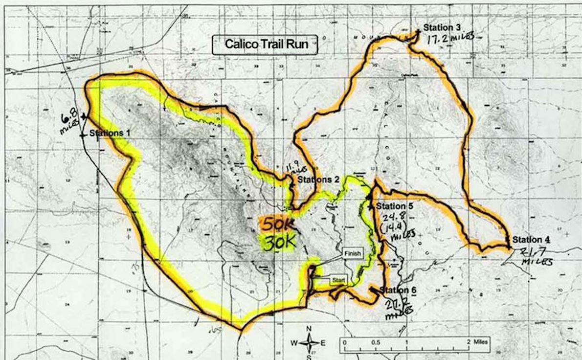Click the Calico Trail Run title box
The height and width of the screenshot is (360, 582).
pyautogui.click(x=266, y=44)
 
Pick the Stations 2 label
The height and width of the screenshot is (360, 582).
pyautogui.click(x=318, y=180)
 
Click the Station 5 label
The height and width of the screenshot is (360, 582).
pyautogui.click(x=395, y=206)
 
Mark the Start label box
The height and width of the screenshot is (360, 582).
pyautogui.click(x=338, y=280)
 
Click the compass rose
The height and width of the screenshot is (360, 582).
pyautogui.click(x=309, y=342)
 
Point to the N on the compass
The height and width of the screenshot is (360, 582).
pyautogui.click(x=309, y=329)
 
